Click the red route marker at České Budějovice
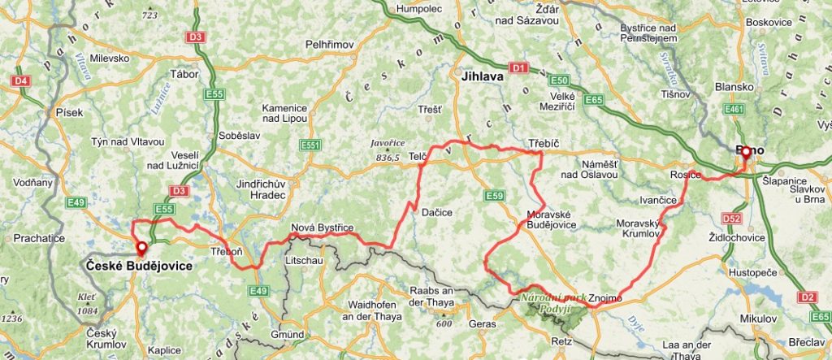(x=141, y=247)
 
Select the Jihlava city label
(x=483, y=77)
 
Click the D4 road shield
(x=20, y=80)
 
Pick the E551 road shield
(x=309, y=145)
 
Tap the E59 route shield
(x=495, y=195)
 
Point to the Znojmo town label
(x=602, y=297)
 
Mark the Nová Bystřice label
(x=322, y=228)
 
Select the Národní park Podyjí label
(x=554, y=302)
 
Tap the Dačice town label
(x=436, y=212)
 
